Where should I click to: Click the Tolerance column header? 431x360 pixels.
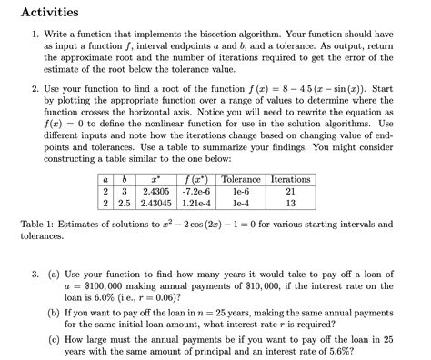241,179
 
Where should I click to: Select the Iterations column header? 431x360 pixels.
291,179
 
